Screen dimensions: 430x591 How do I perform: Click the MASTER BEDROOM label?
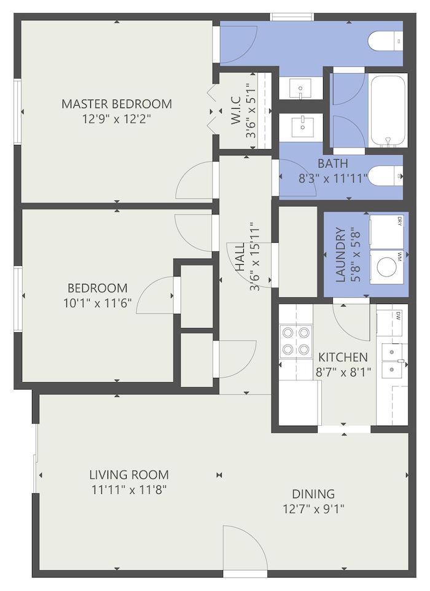117,104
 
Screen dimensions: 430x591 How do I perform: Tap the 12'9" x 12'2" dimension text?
117,119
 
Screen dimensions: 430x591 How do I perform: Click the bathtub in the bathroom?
388,111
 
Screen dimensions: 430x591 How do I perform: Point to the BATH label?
333,163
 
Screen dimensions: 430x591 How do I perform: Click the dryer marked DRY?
386,232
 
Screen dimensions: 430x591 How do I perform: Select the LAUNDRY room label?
340,255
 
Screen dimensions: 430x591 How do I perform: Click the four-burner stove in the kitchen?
296,341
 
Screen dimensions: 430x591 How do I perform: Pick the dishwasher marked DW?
392,323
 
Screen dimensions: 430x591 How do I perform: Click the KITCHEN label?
343,357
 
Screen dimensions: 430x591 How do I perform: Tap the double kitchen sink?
394,361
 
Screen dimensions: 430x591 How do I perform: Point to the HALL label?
240,256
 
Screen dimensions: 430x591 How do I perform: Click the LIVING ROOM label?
129,474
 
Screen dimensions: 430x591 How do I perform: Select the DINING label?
313,494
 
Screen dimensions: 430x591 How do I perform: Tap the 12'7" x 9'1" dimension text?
313,509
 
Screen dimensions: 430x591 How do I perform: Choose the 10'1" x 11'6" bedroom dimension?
97,303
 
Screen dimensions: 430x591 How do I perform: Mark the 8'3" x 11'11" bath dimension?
333,178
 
